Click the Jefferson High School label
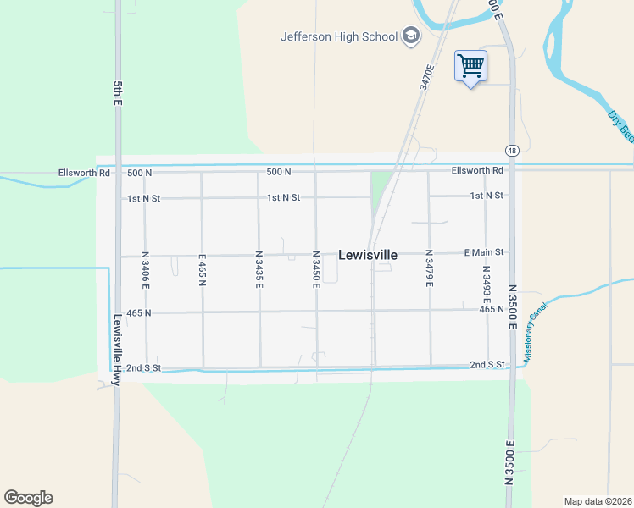(x=339, y=36)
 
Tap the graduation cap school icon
(x=411, y=36)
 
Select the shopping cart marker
(x=470, y=66)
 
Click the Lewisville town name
(x=368, y=254)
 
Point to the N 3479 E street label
(x=429, y=269)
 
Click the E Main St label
(x=484, y=252)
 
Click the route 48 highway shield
(x=511, y=150)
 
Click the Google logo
(x=28, y=498)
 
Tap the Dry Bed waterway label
(x=621, y=124)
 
